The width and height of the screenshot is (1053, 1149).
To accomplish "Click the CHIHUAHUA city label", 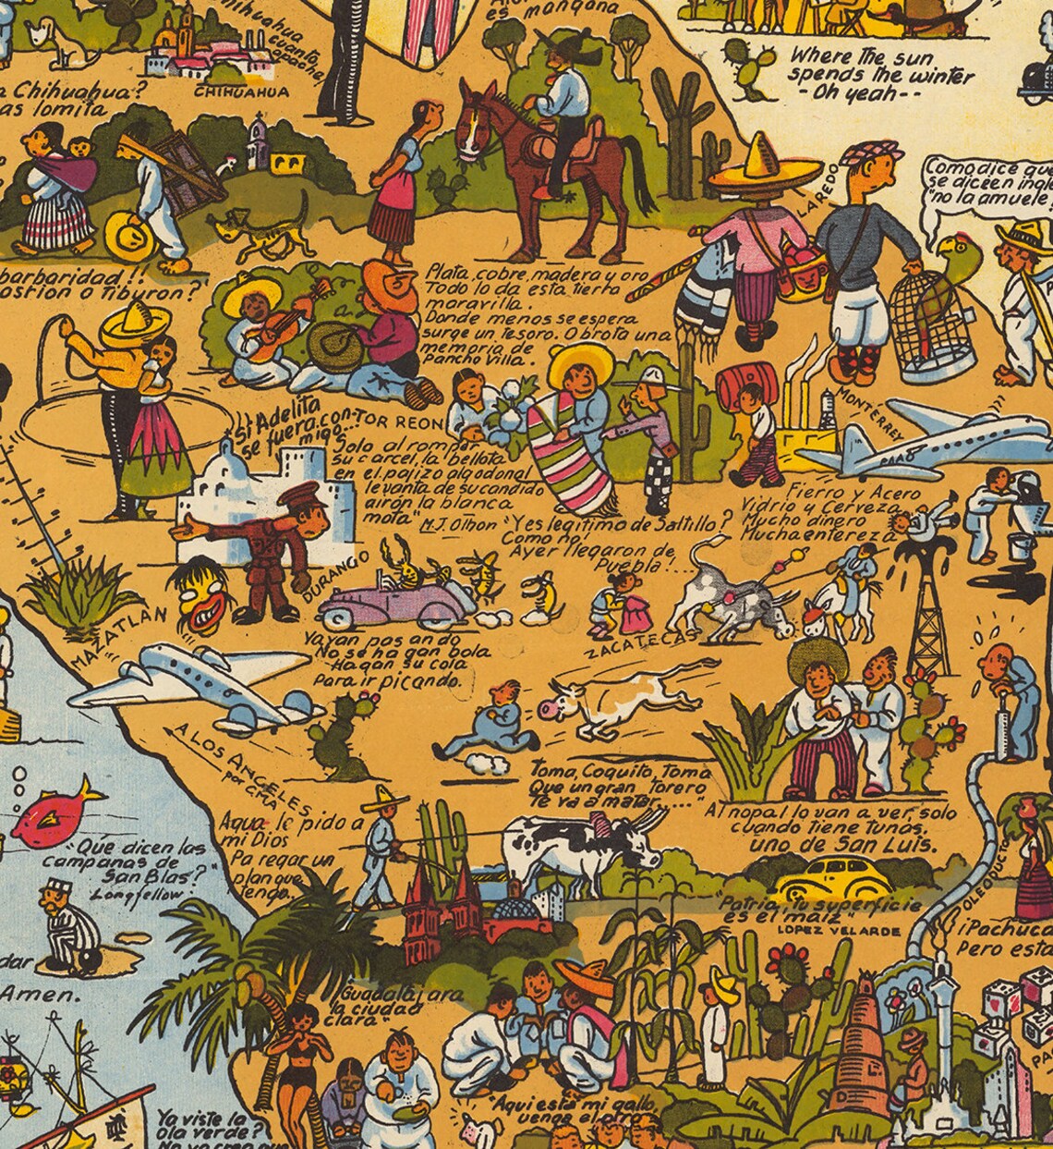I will pos(241,92).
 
